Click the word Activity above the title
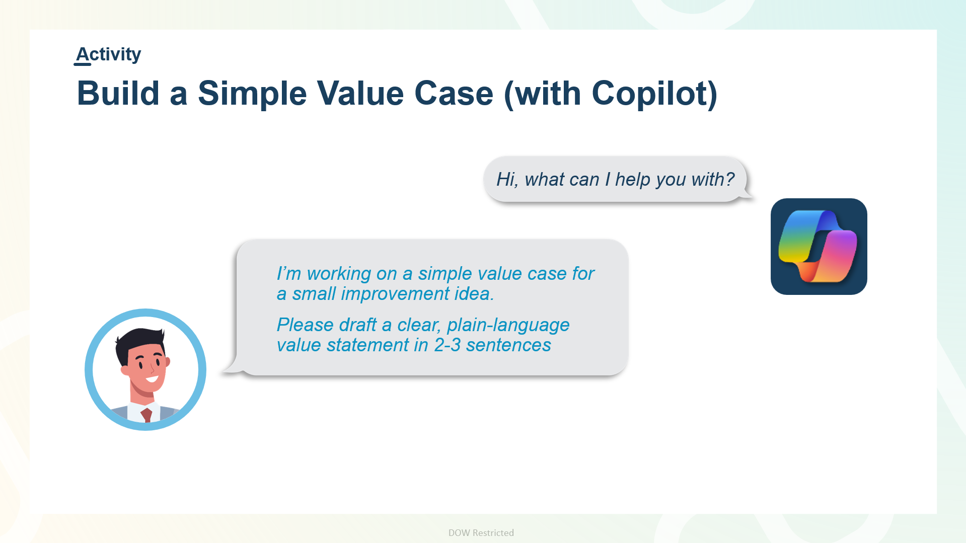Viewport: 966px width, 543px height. [108, 54]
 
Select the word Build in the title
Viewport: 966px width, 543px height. [118, 94]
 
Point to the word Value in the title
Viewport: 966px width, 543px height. [360, 94]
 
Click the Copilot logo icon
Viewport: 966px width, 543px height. [819, 247]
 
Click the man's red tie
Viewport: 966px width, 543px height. [146, 415]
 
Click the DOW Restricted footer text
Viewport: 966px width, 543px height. [481, 533]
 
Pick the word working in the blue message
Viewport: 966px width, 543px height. [339, 274]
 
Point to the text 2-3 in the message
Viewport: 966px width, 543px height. [448, 345]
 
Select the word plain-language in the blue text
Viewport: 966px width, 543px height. [508, 326]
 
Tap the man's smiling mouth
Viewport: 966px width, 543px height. [152, 378]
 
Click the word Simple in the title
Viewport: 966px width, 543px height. [252, 94]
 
